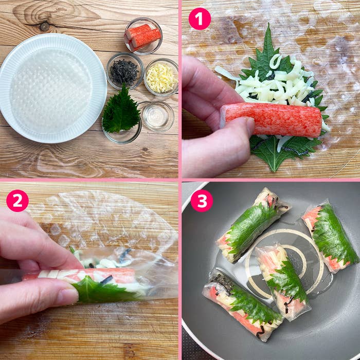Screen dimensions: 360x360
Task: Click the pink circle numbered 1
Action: (x=200, y=19)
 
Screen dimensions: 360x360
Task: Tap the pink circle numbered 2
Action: (x=17, y=201)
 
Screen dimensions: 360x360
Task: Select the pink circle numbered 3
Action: (x=202, y=201)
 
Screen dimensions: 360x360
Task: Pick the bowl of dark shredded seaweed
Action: (x=124, y=71)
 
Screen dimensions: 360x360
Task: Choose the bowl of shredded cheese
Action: (x=161, y=78)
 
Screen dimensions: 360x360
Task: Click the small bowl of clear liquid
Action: (x=157, y=116)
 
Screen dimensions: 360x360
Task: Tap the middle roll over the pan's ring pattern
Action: (x=282, y=280)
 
